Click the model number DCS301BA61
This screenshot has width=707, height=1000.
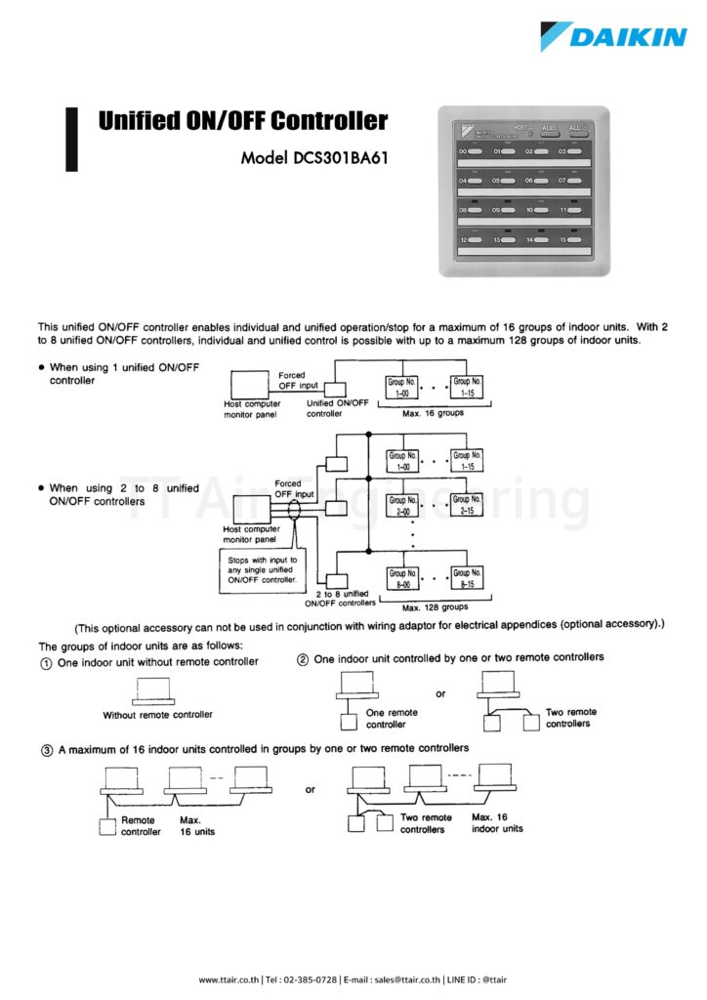314,158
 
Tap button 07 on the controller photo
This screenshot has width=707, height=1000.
570,181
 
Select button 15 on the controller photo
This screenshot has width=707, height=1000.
570,239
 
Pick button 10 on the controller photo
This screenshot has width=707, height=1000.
538,210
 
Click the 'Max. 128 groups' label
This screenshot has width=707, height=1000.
435,606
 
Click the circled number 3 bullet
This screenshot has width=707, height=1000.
45,749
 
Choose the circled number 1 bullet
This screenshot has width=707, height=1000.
45,662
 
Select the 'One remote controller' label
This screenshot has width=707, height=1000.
392,718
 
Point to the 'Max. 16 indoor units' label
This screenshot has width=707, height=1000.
497,822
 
